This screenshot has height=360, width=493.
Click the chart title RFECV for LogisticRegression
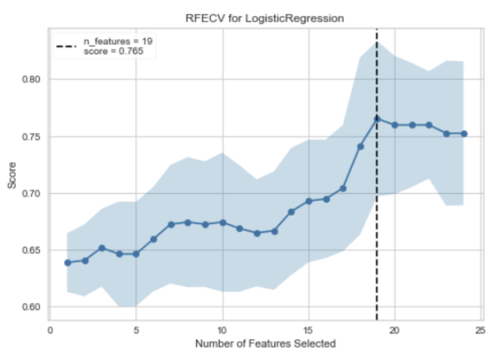265,19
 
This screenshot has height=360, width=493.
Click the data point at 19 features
377,118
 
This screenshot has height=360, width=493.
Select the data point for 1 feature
68,262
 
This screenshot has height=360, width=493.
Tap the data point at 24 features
463,134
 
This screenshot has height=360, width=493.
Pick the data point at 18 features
360,146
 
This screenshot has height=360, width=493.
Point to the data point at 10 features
223,223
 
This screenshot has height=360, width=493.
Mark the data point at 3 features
102,248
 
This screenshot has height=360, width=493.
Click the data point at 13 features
274,231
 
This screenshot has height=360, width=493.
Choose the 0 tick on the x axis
50,330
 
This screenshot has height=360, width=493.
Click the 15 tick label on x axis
309,330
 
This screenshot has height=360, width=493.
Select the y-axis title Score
12,176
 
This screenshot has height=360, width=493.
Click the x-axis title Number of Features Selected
265,344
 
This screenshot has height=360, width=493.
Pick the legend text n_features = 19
117,42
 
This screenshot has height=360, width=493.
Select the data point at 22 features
429,125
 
